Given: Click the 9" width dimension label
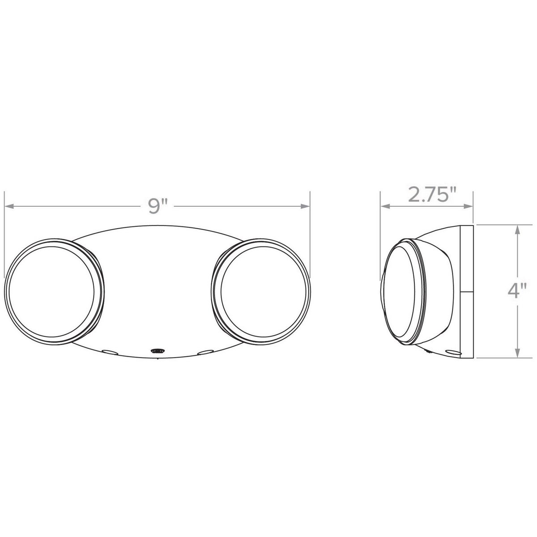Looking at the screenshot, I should [x=158, y=206].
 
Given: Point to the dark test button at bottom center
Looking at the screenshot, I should [x=157, y=351].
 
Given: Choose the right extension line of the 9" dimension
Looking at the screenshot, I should [x=310, y=233].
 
